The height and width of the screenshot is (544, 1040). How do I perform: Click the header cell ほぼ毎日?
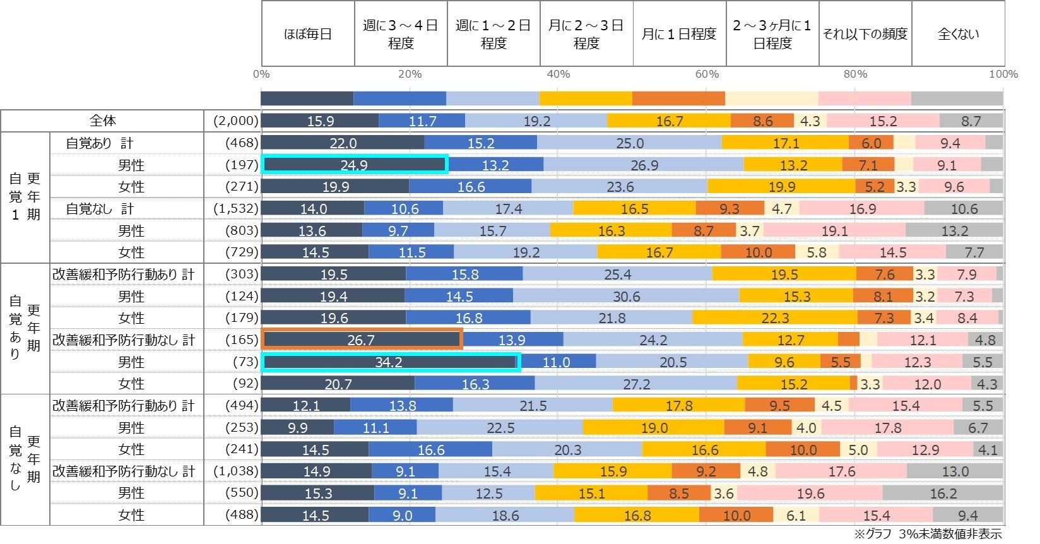(308, 34)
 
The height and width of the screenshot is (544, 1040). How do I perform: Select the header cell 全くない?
(958, 34)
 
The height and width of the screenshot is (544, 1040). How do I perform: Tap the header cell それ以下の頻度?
(865, 34)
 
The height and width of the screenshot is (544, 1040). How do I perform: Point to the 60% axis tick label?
(707, 74)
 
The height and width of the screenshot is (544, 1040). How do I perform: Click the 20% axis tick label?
(410, 74)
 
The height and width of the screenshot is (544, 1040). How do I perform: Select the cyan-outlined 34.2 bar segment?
(390, 362)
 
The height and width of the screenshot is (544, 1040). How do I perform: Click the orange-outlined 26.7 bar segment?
(362, 340)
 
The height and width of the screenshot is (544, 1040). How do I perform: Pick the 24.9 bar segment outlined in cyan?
(355, 165)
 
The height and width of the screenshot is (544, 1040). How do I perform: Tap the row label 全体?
(102, 121)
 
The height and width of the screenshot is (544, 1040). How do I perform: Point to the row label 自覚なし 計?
(100, 208)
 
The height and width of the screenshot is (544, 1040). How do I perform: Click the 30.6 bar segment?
(626, 296)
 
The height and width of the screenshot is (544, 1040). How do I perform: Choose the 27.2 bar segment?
(636, 384)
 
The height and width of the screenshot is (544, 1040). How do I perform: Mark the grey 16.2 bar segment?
(943, 493)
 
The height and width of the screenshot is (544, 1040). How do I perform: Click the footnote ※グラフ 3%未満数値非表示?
(928, 534)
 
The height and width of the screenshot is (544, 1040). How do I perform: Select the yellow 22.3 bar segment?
(775, 318)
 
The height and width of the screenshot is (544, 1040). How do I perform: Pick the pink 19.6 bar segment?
(810, 493)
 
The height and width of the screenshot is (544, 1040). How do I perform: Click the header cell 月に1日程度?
(679, 34)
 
